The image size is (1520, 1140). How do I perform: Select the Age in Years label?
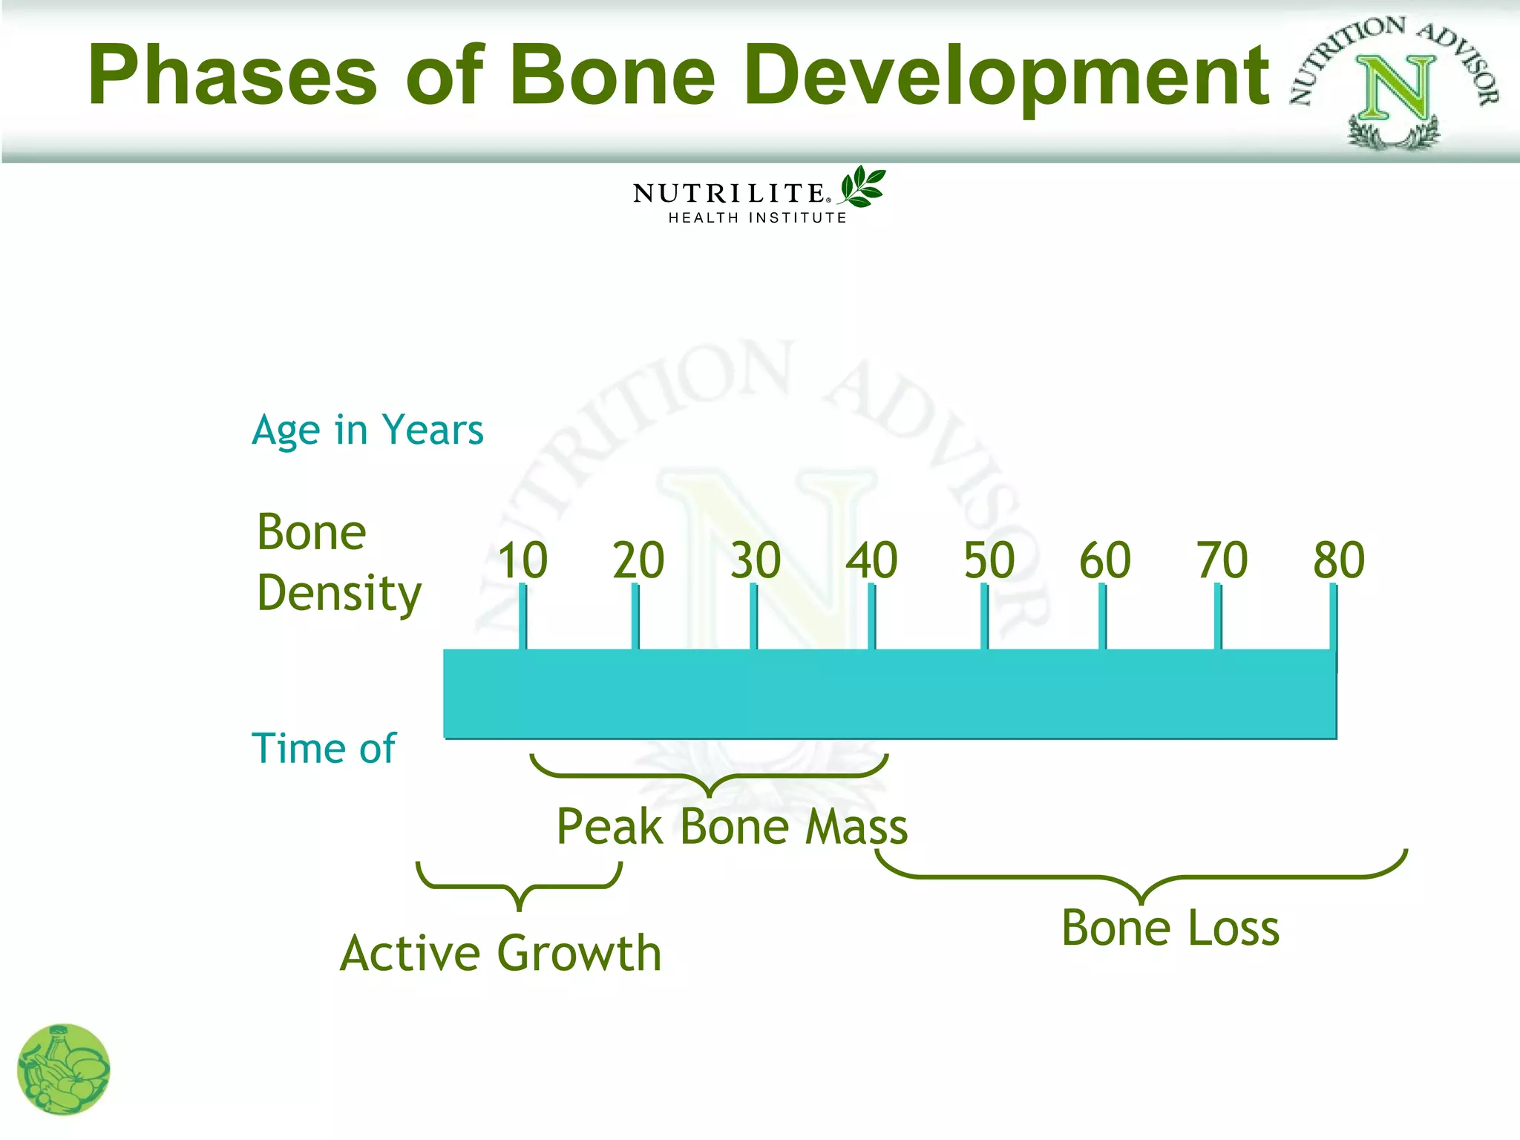(367, 430)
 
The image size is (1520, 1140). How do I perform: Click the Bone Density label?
(338, 563)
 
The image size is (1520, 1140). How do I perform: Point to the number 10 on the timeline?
(522, 560)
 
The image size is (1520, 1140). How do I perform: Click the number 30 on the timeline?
(756, 560)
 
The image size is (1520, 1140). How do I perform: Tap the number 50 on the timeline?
(989, 560)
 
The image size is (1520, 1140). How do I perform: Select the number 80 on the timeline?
(1339, 560)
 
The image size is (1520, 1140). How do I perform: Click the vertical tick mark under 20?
(635, 616)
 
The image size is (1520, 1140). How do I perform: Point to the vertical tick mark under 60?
(1102, 616)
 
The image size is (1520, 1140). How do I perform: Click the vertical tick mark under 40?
(871, 616)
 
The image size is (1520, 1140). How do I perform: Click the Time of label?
(324, 748)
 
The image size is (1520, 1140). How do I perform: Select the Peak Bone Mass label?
(732, 827)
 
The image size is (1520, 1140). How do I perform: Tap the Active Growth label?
(501, 953)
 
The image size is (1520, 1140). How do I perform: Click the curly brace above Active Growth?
(520, 886)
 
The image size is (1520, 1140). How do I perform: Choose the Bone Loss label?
(1170, 928)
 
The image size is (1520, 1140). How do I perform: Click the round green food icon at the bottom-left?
(64, 1069)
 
